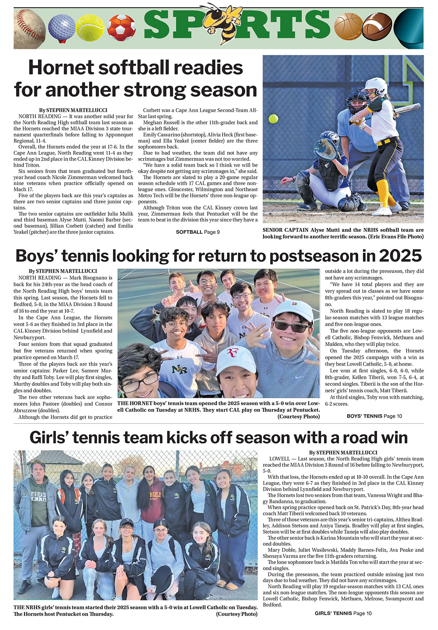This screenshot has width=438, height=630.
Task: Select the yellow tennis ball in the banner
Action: (x=90, y=28)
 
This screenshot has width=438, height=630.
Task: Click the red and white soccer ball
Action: (x=122, y=28)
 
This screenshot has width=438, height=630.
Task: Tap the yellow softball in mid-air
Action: (x=273, y=119)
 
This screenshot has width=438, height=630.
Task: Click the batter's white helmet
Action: (x=377, y=87)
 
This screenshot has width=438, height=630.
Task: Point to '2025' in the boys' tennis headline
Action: (x=400, y=256)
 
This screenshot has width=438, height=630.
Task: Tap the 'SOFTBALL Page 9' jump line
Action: (x=197, y=232)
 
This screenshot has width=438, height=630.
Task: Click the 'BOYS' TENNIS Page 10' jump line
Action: (x=374, y=416)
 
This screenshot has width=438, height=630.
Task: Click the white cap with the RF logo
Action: (x=236, y=359)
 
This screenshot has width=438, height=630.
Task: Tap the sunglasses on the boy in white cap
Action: (x=291, y=326)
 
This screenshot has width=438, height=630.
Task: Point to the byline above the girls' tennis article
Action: (x=343, y=452)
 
